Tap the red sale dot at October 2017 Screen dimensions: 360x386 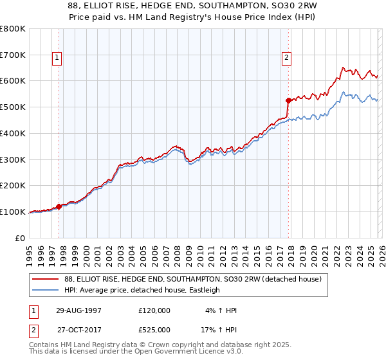288,100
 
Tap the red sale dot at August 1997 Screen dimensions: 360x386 59,206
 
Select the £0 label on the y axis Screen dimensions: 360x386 21,238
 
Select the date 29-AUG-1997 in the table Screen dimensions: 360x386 75,310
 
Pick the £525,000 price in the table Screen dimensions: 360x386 154,330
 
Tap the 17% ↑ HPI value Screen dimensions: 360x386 219,330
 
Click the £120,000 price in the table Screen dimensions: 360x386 154,310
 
